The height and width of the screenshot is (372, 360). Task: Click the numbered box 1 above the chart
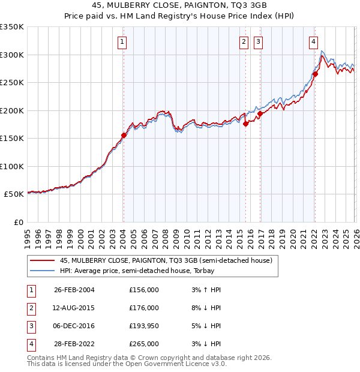(x=122, y=41)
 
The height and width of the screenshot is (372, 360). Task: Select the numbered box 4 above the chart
(x=314, y=41)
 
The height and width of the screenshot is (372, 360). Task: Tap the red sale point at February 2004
(x=124, y=136)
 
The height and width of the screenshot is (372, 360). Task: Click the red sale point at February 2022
(x=314, y=74)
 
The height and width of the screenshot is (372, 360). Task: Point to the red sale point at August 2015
(x=245, y=124)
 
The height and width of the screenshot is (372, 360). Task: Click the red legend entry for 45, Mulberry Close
(x=166, y=260)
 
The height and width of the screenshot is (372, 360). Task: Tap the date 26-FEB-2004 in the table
(x=74, y=290)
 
